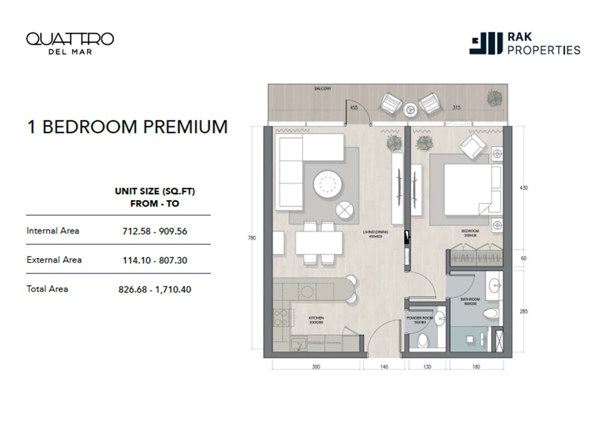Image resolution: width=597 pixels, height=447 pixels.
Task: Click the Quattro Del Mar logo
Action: [x=70, y=43]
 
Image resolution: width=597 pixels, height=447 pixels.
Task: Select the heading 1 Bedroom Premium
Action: [x=127, y=127]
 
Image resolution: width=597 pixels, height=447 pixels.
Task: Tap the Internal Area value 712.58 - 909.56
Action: [x=153, y=231]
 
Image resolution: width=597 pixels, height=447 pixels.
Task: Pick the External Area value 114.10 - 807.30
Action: [x=153, y=260]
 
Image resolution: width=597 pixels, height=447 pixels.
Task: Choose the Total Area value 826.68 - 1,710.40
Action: [x=155, y=290]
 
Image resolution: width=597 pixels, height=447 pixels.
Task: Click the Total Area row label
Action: [x=48, y=289]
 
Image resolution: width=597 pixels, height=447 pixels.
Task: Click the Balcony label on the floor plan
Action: [x=323, y=89]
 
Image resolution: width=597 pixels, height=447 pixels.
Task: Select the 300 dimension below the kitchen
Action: [x=316, y=367]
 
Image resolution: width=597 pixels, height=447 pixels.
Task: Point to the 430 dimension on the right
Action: [x=524, y=188]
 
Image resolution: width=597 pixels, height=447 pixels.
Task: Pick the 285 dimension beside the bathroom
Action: [x=524, y=311]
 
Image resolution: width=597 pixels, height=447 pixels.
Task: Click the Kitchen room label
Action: [x=316, y=318]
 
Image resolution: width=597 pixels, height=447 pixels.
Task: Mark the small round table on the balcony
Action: [x=410, y=110]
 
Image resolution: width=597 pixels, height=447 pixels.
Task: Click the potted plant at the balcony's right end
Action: [x=494, y=98]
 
